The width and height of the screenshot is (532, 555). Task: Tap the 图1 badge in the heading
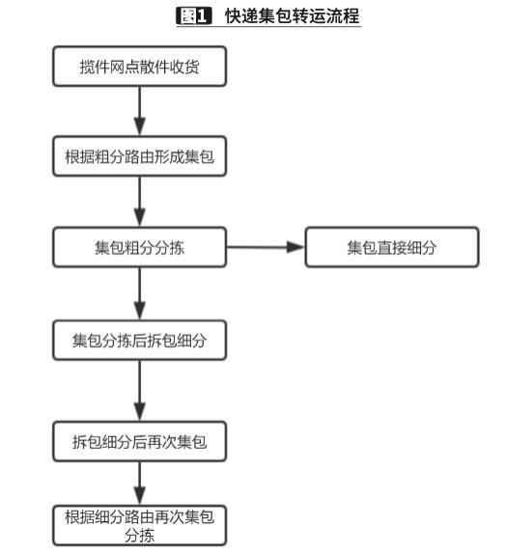click(193, 16)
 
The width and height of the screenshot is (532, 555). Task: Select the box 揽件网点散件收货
click(140, 68)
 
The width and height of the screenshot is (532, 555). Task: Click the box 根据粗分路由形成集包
click(140, 156)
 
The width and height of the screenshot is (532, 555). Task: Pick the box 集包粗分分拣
click(140, 247)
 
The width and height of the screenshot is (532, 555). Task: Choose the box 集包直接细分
click(392, 247)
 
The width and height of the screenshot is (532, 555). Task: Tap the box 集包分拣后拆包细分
click(140, 341)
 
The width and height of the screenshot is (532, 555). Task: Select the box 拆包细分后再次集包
click(140, 442)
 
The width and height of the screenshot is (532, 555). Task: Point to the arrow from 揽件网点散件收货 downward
click(140, 111)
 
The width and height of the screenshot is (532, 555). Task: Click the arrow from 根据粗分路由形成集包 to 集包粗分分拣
click(140, 202)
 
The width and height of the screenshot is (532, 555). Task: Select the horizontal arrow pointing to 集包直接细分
click(266, 247)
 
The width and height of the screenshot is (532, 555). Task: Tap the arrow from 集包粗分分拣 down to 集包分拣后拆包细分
click(140, 293)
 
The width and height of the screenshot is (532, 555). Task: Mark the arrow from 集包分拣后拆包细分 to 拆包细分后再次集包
click(140, 391)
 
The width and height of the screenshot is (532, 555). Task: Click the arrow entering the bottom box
click(140, 482)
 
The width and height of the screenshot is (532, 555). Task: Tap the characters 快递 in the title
click(238, 16)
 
